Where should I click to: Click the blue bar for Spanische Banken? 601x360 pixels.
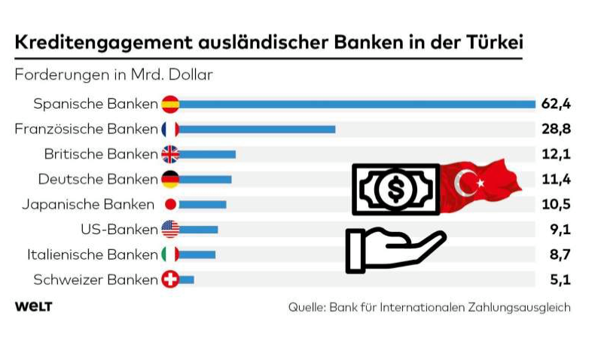click(357, 104)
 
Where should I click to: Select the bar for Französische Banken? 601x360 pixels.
click(257, 130)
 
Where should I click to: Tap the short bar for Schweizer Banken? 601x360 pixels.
click(186, 279)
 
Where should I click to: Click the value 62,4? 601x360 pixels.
click(556, 103)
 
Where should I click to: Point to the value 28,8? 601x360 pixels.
click(556, 129)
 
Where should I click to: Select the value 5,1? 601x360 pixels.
click(560, 279)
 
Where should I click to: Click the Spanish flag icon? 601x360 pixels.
click(170, 104)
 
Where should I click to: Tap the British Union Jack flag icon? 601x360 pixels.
click(170, 154)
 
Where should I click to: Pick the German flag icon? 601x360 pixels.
click(170, 179)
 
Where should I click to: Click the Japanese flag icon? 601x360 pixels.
click(170, 204)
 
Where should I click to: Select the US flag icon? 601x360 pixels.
click(170, 229)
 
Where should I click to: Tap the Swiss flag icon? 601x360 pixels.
click(170, 279)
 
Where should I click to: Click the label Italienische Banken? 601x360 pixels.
click(93, 255)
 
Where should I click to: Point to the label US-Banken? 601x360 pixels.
click(119, 229)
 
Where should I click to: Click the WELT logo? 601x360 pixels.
click(33, 307)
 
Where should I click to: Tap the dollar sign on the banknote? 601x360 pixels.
click(396, 189)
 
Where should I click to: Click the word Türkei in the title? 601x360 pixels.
click(495, 41)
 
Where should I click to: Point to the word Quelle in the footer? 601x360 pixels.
click(307, 307)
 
